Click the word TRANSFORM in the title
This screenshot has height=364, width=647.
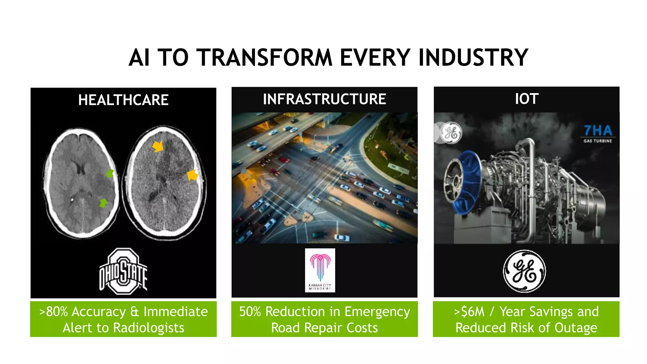tap(265, 58)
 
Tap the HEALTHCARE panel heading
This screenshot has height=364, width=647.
tap(123, 100)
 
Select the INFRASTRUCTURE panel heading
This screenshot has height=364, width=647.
tap(324, 99)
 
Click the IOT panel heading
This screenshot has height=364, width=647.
tap(527, 99)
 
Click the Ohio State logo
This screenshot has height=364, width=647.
tap(123, 271)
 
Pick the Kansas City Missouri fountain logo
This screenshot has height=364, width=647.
tap(320, 270)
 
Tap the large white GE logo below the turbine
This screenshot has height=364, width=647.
tap(524, 271)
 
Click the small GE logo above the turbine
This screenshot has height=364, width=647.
tap(451, 133)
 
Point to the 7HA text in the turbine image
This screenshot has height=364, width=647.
tap(598, 130)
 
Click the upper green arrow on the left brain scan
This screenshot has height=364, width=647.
tap(110, 173)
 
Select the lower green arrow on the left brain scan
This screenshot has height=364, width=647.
tap(103, 203)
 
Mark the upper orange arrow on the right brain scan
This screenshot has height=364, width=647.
tap(158, 146)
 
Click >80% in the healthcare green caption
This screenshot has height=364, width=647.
tap(53, 312)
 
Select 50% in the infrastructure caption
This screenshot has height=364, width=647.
tap(250, 312)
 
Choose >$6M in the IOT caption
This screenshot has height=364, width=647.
tap(469, 312)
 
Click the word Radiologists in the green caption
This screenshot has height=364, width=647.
tap(148, 328)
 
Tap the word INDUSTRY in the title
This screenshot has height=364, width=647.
tap(473, 58)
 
